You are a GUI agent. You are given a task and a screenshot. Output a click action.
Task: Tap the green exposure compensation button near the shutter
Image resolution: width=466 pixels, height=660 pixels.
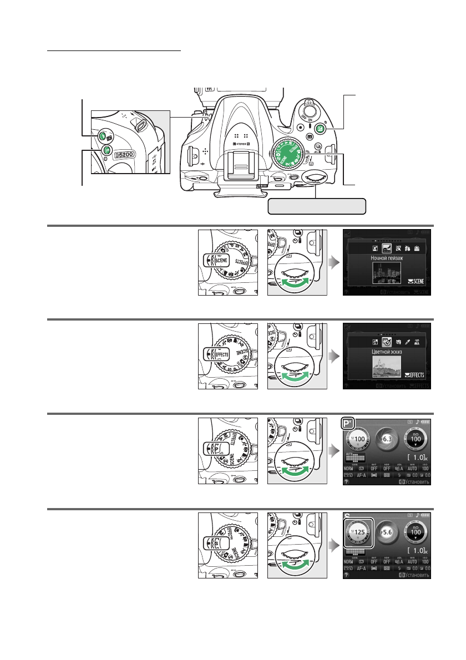319,129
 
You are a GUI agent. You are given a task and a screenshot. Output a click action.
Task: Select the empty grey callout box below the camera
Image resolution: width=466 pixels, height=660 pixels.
317,206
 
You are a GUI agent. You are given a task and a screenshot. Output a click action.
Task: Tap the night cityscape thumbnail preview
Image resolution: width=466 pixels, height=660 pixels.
387,275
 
